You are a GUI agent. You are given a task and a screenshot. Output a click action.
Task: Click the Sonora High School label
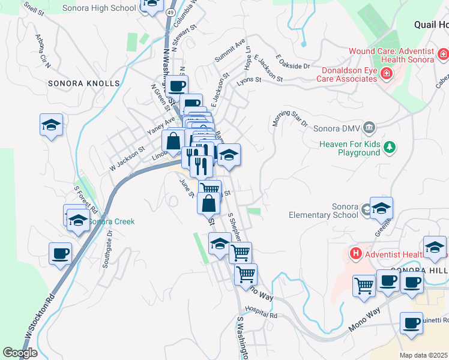tap(100, 8)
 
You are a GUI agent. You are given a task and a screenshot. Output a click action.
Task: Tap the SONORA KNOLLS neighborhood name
tap(84, 83)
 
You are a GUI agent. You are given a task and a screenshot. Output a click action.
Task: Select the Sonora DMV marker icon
tap(369, 127)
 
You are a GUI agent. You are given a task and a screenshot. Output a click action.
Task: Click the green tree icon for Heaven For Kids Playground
tap(390, 146)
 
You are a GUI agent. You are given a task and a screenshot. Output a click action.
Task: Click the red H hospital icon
tap(355, 254)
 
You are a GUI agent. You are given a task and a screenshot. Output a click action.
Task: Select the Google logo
tap(20, 353)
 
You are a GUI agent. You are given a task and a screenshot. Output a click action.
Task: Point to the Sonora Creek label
tap(112, 221)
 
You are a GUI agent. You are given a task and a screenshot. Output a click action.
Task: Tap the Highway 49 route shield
tap(170, 12)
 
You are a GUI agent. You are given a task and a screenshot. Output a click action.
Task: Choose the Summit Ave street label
tap(231, 52)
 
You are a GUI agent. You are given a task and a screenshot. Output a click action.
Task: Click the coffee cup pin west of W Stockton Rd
tap(60, 254)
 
